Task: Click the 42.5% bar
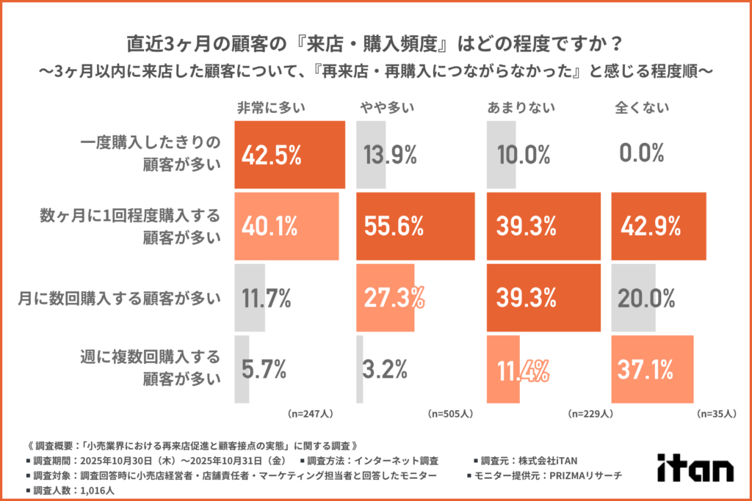pos(289,154)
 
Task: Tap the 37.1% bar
pos(652,369)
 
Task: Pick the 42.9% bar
pos(658,226)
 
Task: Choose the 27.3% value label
pos(394,298)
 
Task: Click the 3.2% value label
pos(386,370)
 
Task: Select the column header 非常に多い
pos(268,108)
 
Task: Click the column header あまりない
pos(516,108)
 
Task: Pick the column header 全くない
pos(641,108)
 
